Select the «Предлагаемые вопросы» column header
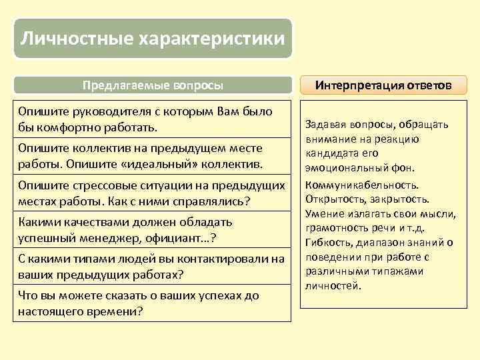153,85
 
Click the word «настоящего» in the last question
49,311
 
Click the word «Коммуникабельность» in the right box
362,185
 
